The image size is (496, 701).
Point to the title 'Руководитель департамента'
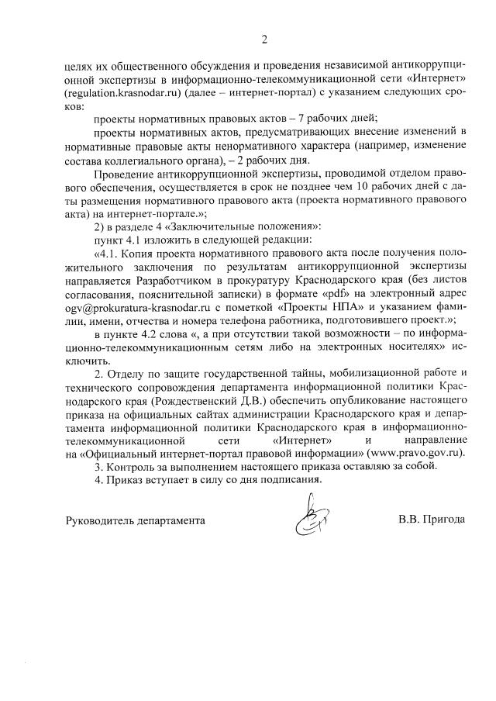pos(135,520)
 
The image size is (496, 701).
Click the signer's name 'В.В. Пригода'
pos(426,520)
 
